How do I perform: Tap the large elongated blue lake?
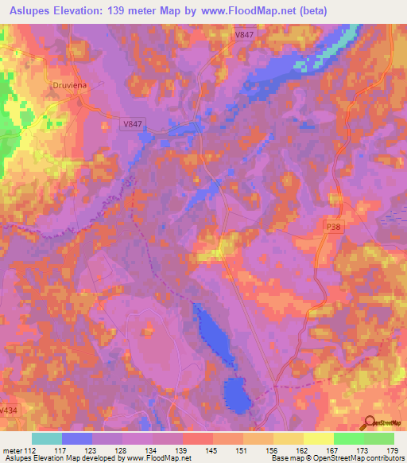[211, 335]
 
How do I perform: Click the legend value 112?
[32, 450]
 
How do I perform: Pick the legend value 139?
[183, 450]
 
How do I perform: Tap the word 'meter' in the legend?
[11, 450]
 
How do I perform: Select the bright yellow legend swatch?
[318, 438]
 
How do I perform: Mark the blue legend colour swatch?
[77, 438]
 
